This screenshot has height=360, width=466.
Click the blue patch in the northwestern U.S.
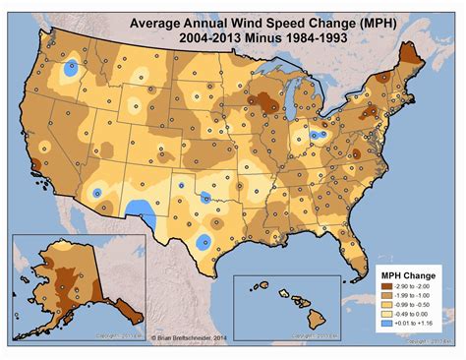(x=71, y=70)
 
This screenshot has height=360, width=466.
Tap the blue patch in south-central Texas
(x=204, y=242)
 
